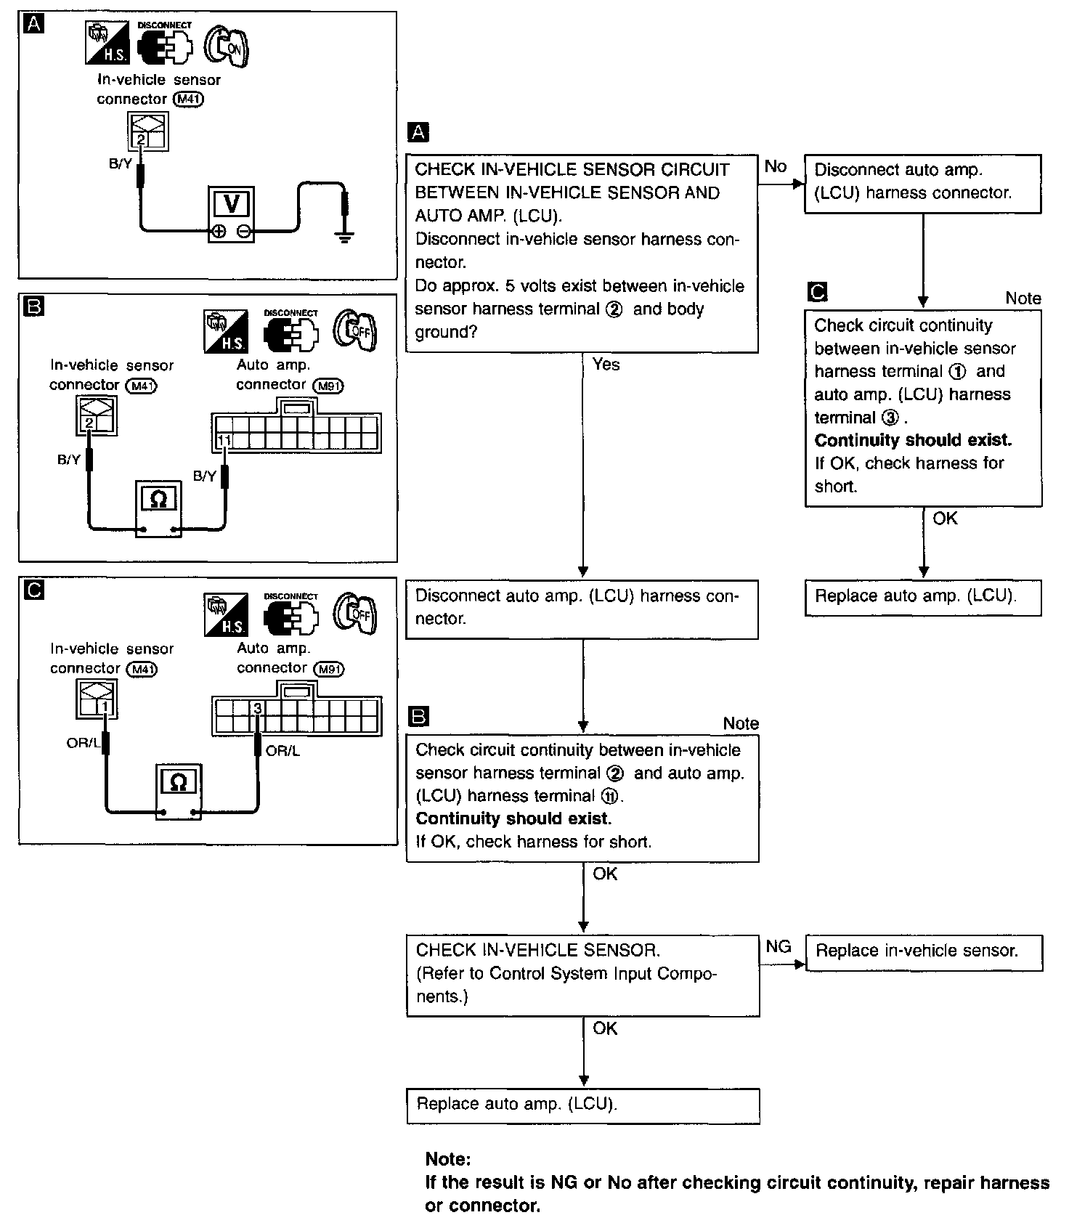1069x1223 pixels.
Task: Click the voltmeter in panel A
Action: [x=232, y=214]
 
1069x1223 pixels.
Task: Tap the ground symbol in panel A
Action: [x=345, y=236]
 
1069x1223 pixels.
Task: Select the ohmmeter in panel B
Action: [x=158, y=508]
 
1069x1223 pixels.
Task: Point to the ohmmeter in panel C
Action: [x=178, y=792]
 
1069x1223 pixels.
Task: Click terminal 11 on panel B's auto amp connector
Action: [x=224, y=440]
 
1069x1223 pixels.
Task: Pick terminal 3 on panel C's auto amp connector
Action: [x=257, y=707]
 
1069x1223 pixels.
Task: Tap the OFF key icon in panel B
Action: [x=354, y=331]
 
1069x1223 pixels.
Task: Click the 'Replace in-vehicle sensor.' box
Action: [x=924, y=953]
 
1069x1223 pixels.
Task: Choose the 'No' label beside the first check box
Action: [x=776, y=166]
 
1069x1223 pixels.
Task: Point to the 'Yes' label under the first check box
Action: [x=606, y=365]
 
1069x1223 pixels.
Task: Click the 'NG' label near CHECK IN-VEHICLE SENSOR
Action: [x=779, y=946]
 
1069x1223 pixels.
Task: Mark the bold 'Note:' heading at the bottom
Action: [x=448, y=1159]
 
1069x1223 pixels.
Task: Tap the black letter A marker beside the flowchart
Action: [x=419, y=132]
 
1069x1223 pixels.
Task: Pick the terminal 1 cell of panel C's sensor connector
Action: [x=106, y=706]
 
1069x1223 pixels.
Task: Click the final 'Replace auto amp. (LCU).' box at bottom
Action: [x=583, y=1105]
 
